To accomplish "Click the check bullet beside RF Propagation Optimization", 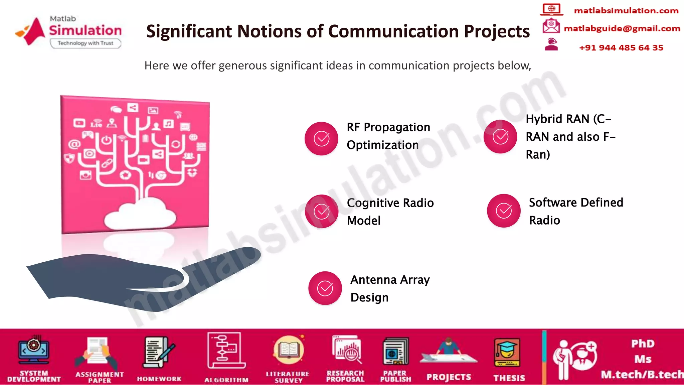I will tap(321, 138).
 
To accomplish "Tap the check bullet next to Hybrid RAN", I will tap(500, 136).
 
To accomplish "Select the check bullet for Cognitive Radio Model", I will tap(322, 211).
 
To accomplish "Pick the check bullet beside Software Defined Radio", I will tap(504, 211).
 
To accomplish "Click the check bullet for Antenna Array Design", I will tap(325, 288).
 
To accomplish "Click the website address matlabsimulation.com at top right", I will tap(626, 11).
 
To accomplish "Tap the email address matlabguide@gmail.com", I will tap(622, 29).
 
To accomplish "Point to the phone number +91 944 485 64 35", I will tap(621, 48).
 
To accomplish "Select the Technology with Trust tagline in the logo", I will tap(85, 43).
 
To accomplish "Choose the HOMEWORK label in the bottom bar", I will tap(159, 379).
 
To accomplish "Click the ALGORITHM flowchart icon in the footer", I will tap(226, 351).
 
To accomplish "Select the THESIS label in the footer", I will tap(509, 378).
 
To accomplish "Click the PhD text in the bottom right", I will tap(643, 344).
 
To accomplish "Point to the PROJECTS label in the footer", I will tap(449, 377).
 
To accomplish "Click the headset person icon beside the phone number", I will tap(551, 44).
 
